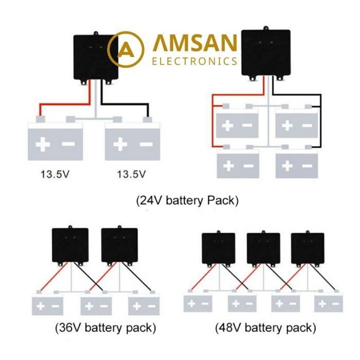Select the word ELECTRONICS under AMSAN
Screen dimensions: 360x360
pyautogui.click(x=195, y=61)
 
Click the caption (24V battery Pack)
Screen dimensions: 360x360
pyautogui.click(x=187, y=201)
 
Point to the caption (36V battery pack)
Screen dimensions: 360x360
pyautogui.click(x=104, y=327)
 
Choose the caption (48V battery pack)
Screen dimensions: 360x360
pyautogui.click(x=265, y=327)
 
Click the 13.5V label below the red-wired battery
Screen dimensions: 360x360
pyautogui.click(x=55, y=174)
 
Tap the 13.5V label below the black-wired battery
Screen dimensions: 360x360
pyautogui.click(x=131, y=174)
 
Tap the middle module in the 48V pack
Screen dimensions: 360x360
pyautogui.click(x=263, y=249)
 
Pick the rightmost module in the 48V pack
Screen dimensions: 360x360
pyautogui.click(x=308, y=249)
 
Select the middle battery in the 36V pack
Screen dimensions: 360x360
pyautogui.click(x=97, y=304)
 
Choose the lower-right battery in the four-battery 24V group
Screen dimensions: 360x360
pyautogui.click(x=296, y=165)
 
